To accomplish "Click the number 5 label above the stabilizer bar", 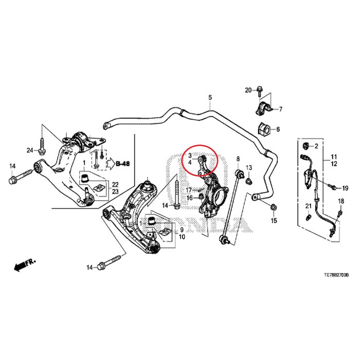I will point(210,98).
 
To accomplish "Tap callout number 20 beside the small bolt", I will point(248,91).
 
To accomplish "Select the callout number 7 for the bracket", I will point(281,109).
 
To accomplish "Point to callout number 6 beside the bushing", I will point(278,129).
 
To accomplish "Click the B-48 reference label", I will point(123,164).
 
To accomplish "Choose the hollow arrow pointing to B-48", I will point(110,164).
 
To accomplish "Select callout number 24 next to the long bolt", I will point(30,150).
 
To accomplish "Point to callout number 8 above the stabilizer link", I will point(238,158).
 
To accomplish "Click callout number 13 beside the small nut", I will point(249,168).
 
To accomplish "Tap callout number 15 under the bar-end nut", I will point(274,221).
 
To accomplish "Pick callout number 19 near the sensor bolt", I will point(346,188).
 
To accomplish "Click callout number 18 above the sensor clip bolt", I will point(340,201).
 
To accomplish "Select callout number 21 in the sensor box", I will point(308,206).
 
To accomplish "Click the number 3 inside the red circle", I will point(190,155).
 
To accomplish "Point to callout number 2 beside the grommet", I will point(317,147).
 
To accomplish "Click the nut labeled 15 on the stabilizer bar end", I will point(273,208).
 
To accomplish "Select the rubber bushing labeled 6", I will point(263,129).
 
